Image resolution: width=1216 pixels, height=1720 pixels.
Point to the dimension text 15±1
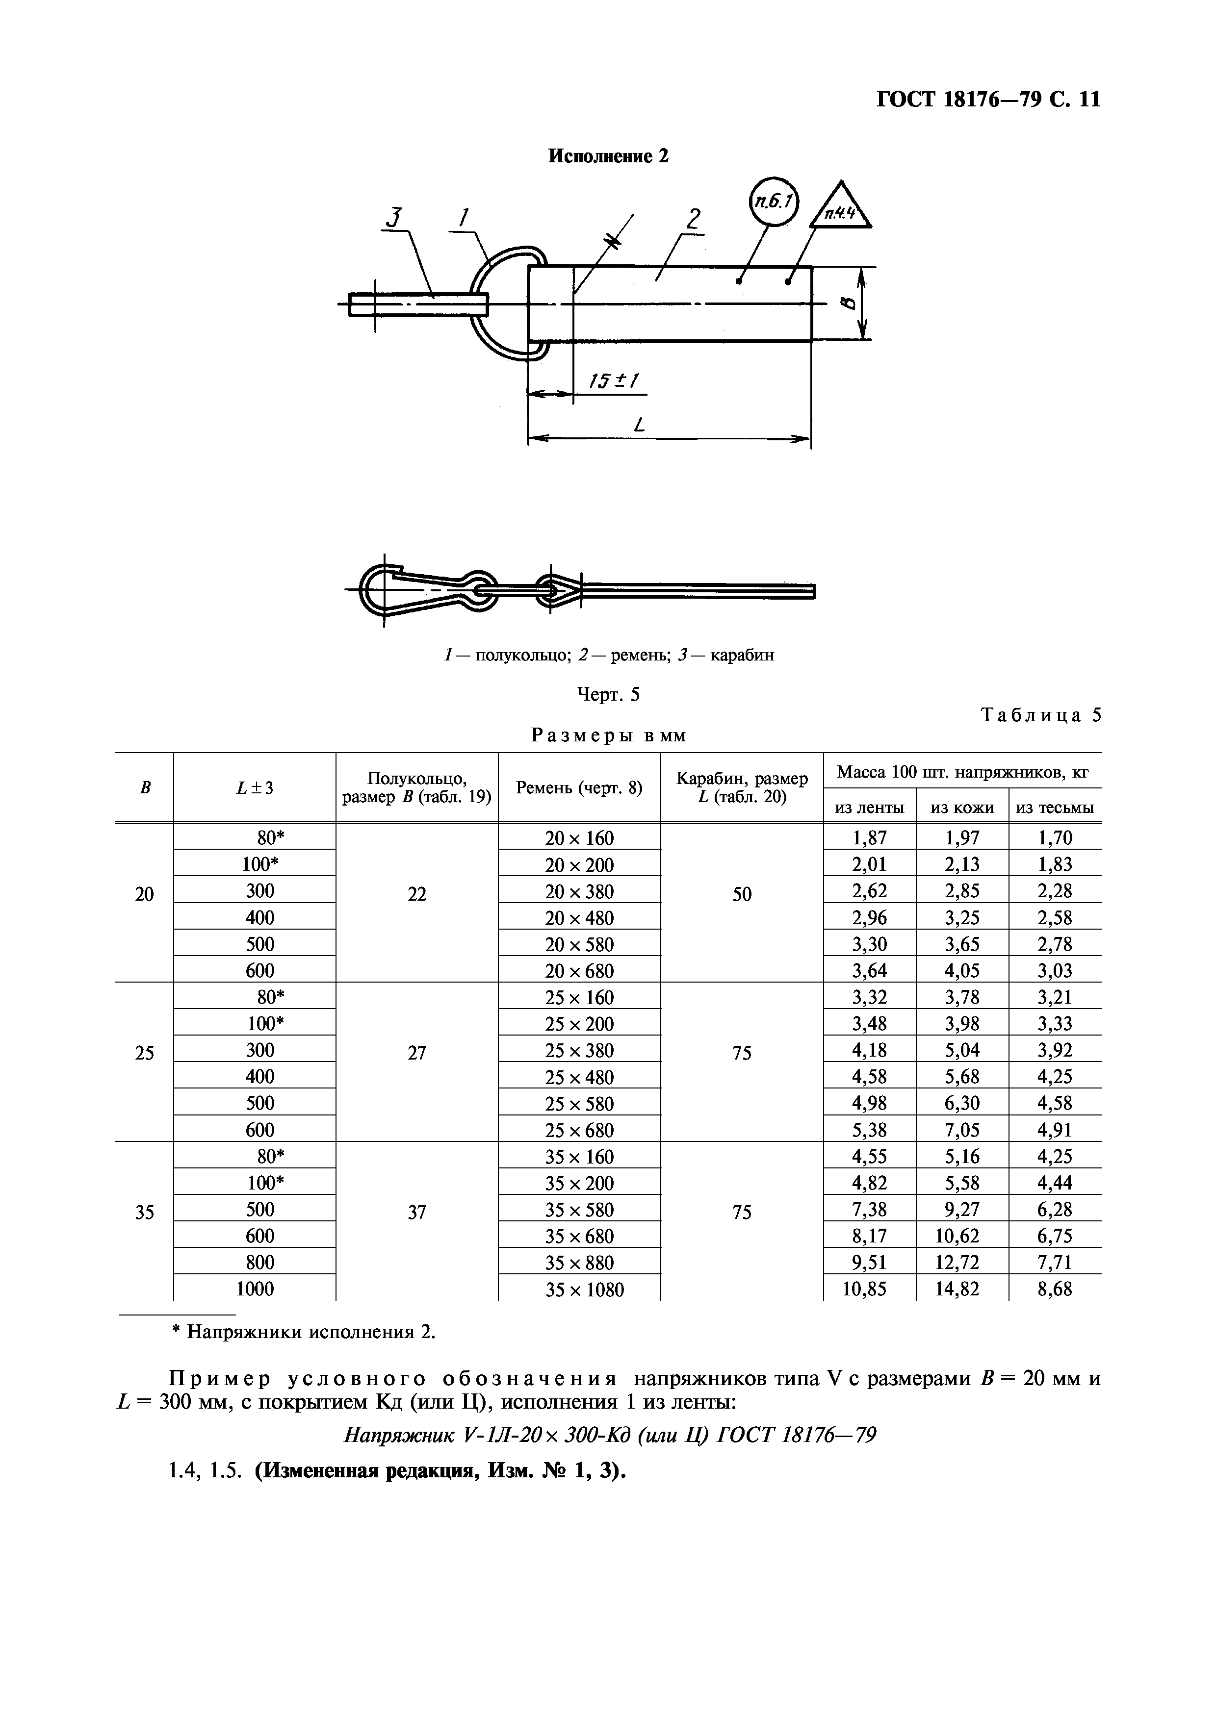click(613, 381)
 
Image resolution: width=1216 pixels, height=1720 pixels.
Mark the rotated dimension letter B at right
click(848, 303)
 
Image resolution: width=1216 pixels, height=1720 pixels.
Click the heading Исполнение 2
click(608, 156)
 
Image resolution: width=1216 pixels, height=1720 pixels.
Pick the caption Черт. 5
click(608, 694)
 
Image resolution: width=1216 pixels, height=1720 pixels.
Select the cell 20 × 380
click(579, 891)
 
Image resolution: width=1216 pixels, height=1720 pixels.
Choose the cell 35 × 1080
click(579, 1289)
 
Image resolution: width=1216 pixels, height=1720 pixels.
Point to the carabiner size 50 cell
click(742, 894)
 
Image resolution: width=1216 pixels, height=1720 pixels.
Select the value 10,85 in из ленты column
click(869, 1289)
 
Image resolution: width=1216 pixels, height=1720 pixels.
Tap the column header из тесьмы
click(1055, 808)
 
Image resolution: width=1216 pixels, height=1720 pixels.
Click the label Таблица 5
click(1041, 715)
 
